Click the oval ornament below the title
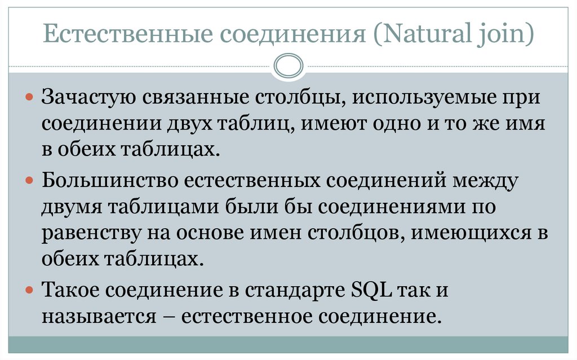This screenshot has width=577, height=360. (288, 66)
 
